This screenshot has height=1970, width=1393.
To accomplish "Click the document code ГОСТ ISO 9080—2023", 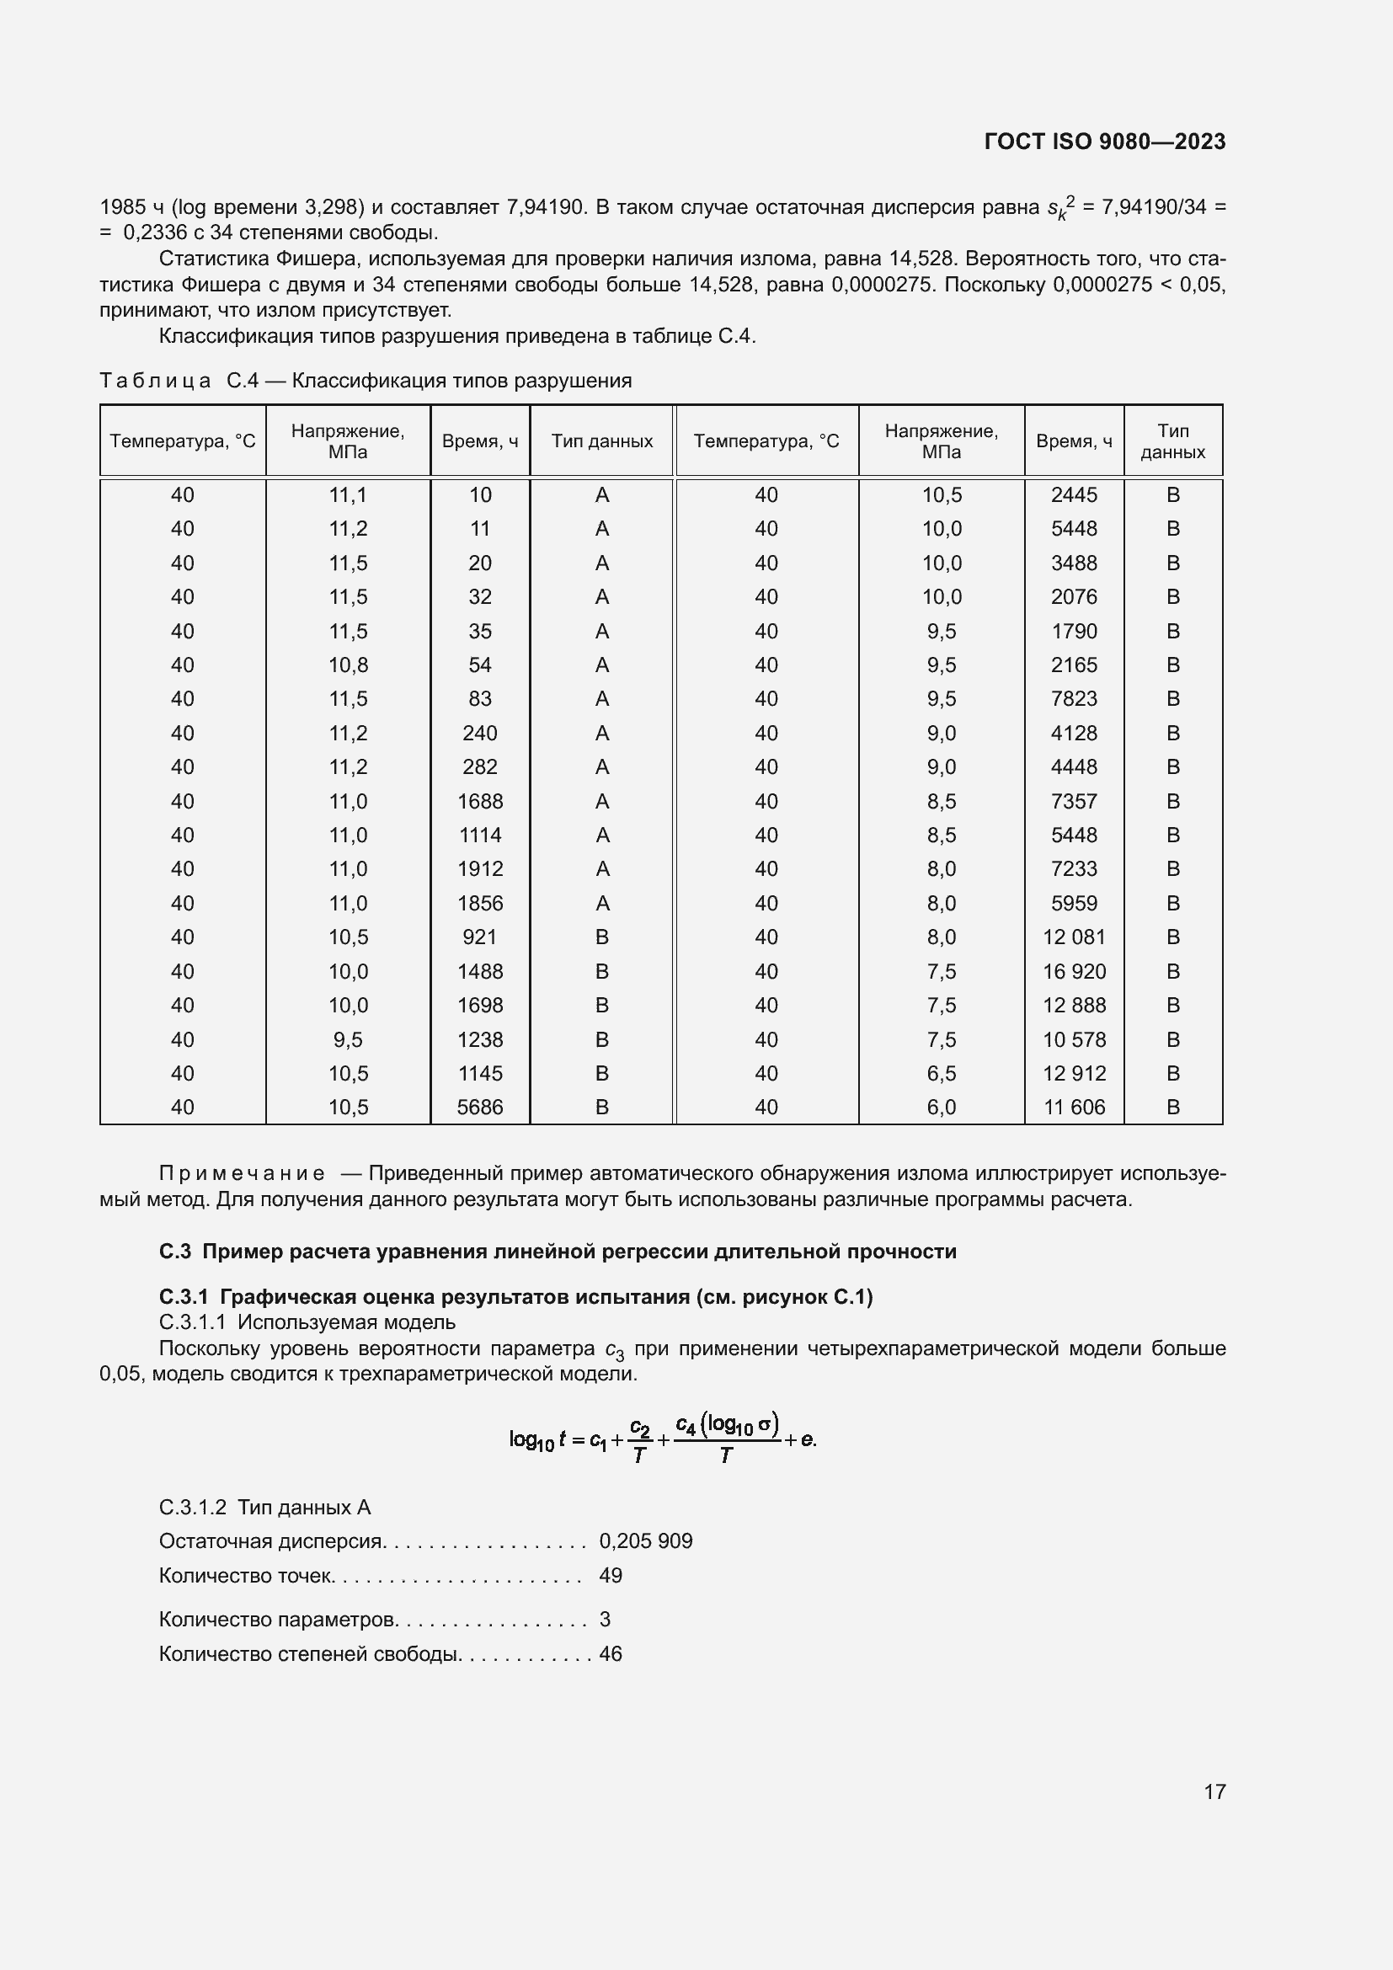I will (x=1104, y=141).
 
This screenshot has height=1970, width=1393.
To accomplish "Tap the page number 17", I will (x=1214, y=1791).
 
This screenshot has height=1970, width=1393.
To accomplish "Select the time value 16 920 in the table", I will (x=1074, y=971).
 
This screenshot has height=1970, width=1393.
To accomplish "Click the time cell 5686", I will (x=479, y=1107).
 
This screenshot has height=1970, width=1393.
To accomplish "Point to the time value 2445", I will (x=1074, y=495).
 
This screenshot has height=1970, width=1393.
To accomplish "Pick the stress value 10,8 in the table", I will (x=349, y=665).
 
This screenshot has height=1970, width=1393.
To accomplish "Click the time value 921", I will (x=479, y=937).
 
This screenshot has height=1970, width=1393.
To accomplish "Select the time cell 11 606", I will (x=1074, y=1107).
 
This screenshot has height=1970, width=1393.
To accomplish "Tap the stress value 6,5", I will (x=941, y=1073).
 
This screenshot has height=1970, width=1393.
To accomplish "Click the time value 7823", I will (x=1074, y=699).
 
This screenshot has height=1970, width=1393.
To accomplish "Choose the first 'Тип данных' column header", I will (x=601, y=442).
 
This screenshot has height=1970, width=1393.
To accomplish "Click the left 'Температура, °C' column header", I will (x=183, y=442).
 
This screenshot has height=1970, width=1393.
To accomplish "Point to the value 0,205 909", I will (x=645, y=1541).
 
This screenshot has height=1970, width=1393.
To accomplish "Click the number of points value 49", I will (x=611, y=1575).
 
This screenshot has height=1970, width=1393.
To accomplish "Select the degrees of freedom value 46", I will (x=611, y=1653).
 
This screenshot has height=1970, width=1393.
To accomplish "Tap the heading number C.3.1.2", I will (x=193, y=1507).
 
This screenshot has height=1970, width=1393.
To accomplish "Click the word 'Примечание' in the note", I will (x=242, y=1173).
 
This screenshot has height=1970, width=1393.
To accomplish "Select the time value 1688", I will (x=479, y=801).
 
